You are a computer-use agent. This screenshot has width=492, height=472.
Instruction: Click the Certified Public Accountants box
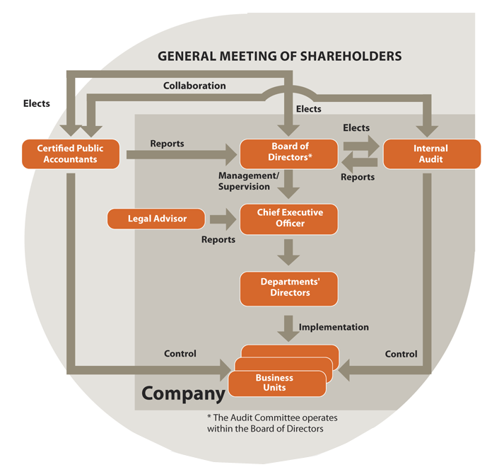71,154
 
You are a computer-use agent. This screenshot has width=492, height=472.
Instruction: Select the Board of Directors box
288,154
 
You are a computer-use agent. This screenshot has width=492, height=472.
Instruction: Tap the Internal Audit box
432,154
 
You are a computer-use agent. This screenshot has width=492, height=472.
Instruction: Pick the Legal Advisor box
156,219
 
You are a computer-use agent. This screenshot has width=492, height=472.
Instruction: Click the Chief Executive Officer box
288,219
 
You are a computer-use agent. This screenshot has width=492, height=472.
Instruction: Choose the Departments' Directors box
288,289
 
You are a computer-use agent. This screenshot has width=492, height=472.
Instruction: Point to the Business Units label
274,383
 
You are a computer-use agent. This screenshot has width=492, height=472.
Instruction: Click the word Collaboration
194,86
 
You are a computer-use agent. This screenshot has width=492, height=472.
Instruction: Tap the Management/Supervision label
249,181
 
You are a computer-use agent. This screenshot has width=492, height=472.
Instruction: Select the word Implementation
334,327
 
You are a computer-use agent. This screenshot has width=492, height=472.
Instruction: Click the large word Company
183,393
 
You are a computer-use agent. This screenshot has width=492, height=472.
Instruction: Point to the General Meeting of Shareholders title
279,56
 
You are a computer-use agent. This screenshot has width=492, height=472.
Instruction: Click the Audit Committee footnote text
272,423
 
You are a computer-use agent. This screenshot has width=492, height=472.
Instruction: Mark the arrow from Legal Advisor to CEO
223,219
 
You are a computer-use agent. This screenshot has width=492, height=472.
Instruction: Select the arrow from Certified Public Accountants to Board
182,154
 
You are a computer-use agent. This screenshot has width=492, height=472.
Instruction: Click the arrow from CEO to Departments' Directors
288,253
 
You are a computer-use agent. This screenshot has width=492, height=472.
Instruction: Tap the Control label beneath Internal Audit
401,355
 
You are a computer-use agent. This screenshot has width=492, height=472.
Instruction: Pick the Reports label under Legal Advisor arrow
218,240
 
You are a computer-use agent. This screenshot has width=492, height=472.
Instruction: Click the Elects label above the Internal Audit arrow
356,128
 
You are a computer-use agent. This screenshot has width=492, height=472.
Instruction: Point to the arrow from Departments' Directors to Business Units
288,329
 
